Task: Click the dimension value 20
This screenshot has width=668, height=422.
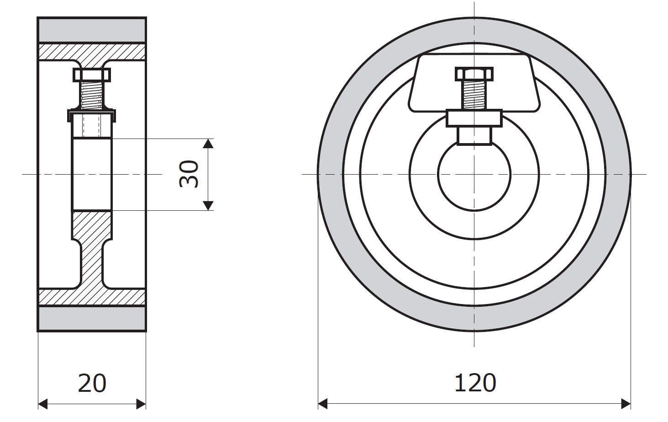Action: tap(92, 383)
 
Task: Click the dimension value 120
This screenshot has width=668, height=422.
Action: tap(475, 383)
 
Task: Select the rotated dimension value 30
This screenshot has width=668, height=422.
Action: tap(189, 174)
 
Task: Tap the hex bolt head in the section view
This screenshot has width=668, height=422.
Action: tap(92, 75)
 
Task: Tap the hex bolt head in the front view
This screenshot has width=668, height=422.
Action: tap(474, 74)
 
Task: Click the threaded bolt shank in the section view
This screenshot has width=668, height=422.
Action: tap(92, 95)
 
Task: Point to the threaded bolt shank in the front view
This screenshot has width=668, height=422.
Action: tap(474, 95)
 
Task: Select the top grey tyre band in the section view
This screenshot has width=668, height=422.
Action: tap(92, 30)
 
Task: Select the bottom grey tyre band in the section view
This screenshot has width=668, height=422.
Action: tap(92, 318)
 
